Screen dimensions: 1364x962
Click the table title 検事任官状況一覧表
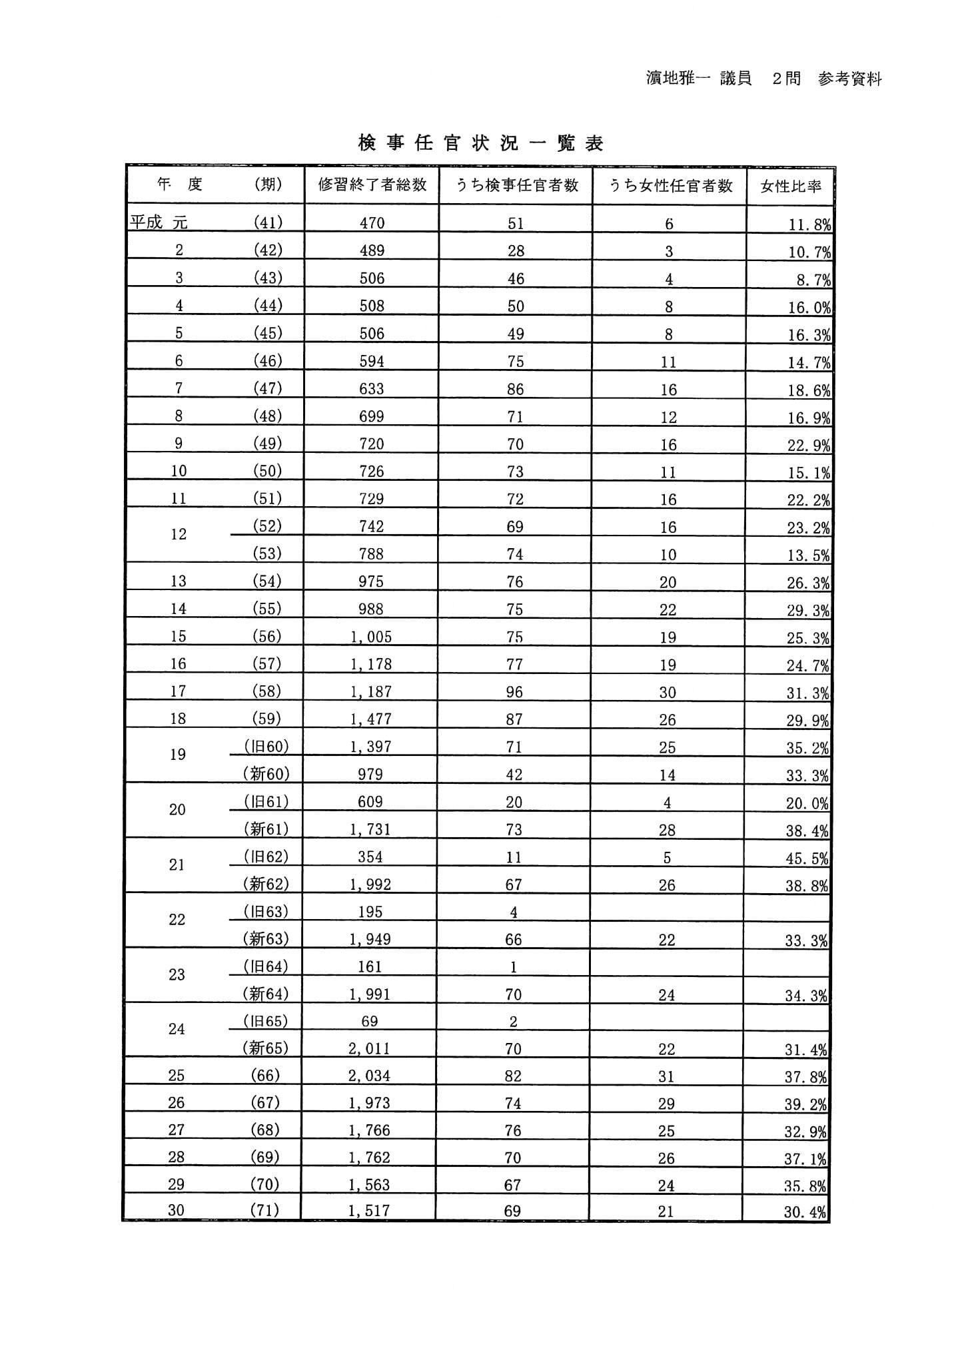tap(480, 143)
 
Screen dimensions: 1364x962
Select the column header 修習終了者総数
tap(372, 185)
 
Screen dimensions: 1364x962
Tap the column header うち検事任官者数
tap(516, 185)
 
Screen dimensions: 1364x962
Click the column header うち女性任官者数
tap(670, 185)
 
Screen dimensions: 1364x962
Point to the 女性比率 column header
tap(790, 186)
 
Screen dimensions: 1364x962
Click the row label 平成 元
tap(159, 222)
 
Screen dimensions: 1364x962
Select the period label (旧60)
tap(266, 747)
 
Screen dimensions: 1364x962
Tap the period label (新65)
tap(265, 1048)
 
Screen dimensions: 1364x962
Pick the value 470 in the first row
tap(372, 223)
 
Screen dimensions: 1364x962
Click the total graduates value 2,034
tap(369, 1076)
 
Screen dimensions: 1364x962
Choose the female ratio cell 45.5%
tap(807, 858)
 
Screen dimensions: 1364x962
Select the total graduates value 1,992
tap(370, 884)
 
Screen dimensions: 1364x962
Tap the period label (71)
tap(264, 1210)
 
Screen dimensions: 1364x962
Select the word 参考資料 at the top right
tap(850, 79)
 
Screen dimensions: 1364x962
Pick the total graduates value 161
tap(370, 966)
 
